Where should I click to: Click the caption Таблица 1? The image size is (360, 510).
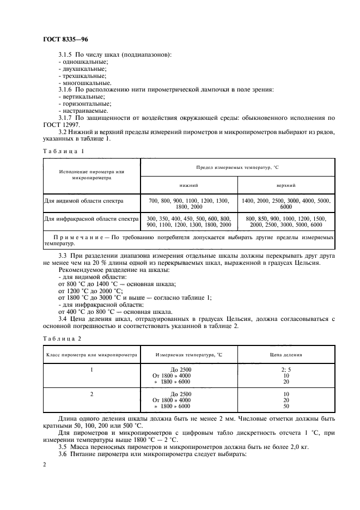(x=63, y=150)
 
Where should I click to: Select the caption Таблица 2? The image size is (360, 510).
(x=63, y=338)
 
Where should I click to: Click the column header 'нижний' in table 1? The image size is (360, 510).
(x=189, y=185)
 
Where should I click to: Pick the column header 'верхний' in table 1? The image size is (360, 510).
(x=286, y=185)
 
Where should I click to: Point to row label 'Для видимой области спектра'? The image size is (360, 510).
(x=84, y=201)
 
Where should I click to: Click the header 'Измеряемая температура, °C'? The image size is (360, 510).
(x=189, y=354)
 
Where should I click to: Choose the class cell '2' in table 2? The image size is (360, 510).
(x=91, y=393)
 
